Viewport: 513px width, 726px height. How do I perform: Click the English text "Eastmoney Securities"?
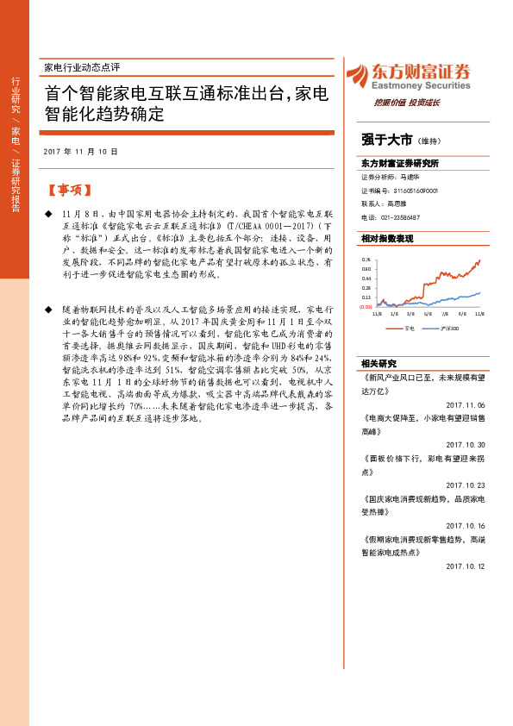pyautogui.click(x=420, y=85)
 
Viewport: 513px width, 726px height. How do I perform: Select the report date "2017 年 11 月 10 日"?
pyautogui.click(x=80, y=152)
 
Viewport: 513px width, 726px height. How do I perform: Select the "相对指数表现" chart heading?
pyautogui.click(x=387, y=237)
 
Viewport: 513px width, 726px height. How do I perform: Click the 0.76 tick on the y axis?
pyautogui.click(x=366, y=258)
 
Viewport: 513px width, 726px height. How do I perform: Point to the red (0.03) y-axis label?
pyautogui.click(x=366, y=306)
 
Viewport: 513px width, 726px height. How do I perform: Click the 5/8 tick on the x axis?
pyautogui.click(x=427, y=315)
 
